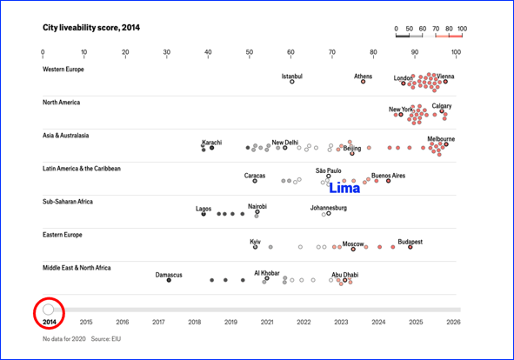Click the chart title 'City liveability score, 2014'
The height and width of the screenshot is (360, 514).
click(x=91, y=28)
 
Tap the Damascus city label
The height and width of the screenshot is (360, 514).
click(x=169, y=275)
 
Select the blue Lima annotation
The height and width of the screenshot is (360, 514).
click(x=344, y=188)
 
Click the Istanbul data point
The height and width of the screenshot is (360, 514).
click(x=291, y=82)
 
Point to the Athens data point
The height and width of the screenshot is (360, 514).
click(x=363, y=82)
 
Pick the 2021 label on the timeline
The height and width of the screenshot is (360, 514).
click(x=267, y=323)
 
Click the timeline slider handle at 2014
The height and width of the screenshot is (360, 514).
click(x=48, y=310)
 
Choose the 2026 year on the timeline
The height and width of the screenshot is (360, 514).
click(x=453, y=323)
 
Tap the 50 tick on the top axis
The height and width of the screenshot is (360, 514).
click(x=249, y=52)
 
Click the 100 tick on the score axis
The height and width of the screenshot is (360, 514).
click(x=456, y=52)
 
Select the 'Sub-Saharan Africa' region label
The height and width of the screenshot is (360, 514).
click(x=68, y=202)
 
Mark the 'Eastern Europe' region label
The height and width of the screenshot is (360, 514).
click(x=63, y=235)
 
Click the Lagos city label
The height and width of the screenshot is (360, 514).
click(x=204, y=209)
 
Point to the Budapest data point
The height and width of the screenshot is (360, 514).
click(x=411, y=247)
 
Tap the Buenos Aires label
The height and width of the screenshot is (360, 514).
click(x=388, y=176)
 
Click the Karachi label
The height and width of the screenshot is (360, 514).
click(x=211, y=143)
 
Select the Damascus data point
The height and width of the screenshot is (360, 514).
click(x=169, y=280)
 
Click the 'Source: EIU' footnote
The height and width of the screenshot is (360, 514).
click(x=106, y=338)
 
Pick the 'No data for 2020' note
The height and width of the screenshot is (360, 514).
click(x=63, y=338)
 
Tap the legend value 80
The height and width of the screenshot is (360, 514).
click(x=449, y=29)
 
